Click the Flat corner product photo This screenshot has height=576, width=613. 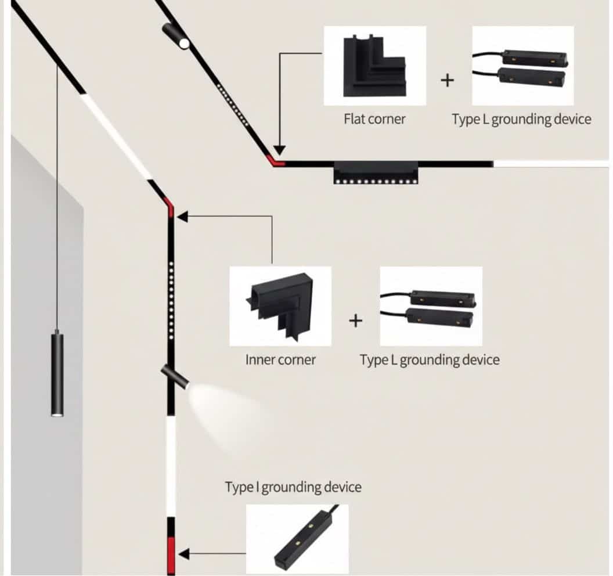tap(374, 65)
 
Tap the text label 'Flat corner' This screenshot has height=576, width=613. tap(374, 120)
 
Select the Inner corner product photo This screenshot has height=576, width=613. tap(280, 306)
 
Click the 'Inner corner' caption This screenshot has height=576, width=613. tap(280, 359)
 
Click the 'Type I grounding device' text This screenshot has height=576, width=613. tap(293, 487)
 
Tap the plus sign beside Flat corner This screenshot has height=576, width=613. tap(447, 80)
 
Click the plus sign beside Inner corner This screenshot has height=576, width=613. tap(355, 320)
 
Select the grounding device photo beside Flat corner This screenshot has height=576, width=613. tap(522, 65)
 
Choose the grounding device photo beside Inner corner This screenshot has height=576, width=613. tap(431, 306)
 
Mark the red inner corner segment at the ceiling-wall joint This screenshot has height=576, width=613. tap(170, 207)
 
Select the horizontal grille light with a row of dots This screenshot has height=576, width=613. tap(376, 173)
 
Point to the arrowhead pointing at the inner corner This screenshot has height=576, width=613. tap(182, 217)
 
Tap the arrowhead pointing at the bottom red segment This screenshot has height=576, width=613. tap(183, 553)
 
